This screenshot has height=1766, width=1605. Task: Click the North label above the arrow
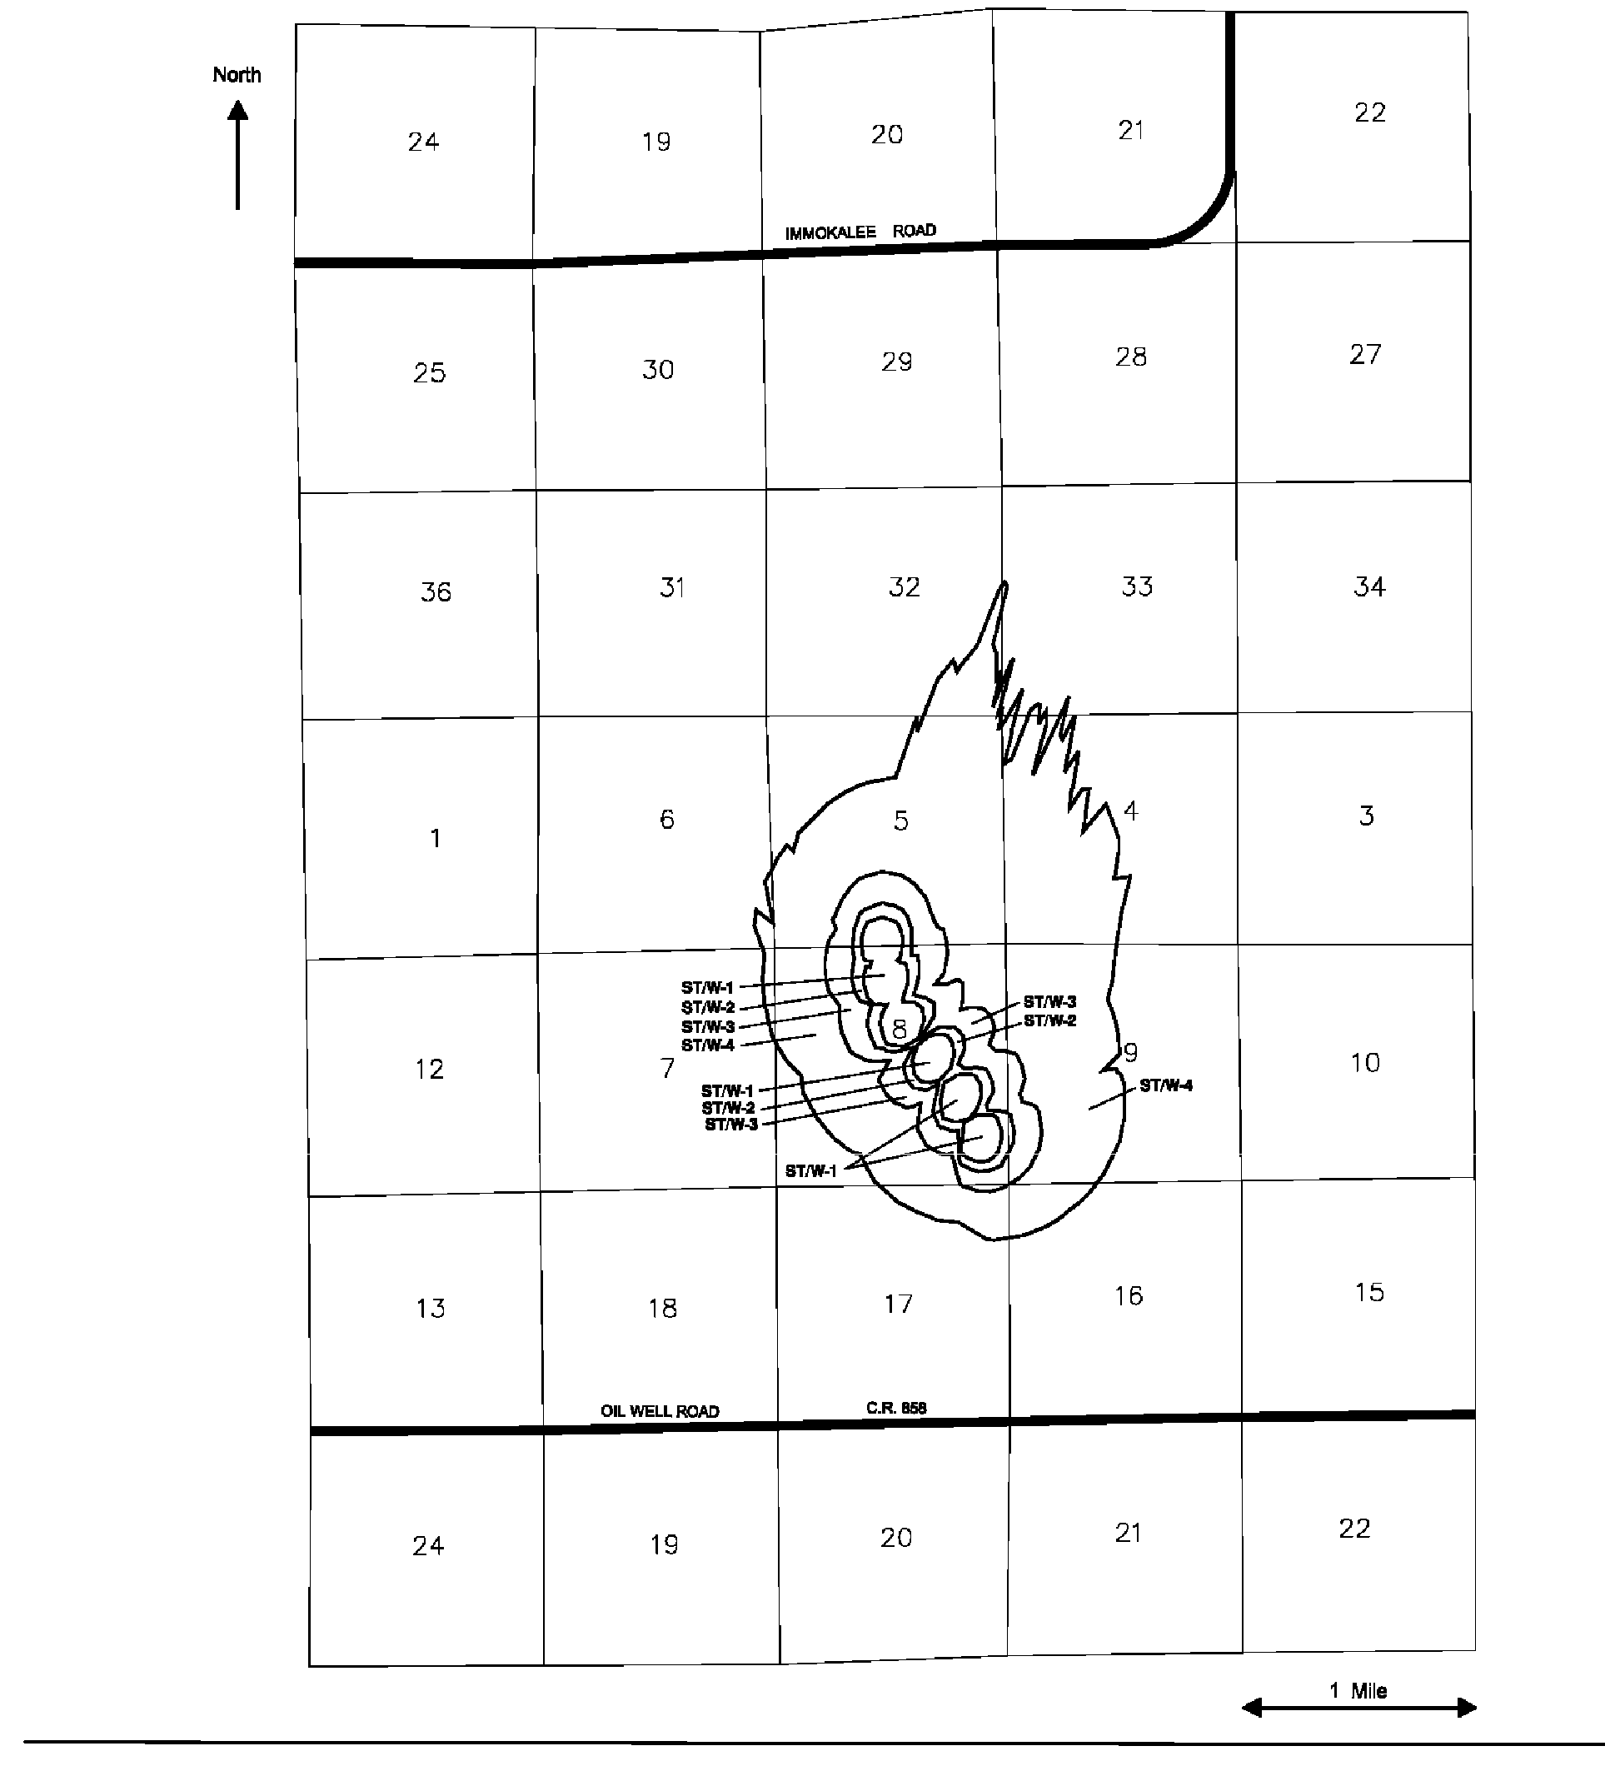click(x=237, y=75)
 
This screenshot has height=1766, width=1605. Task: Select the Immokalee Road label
click(x=860, y=232)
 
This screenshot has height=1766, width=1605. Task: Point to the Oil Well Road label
click(x=660, y=1410)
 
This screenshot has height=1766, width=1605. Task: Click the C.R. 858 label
click(x=896, y=1408)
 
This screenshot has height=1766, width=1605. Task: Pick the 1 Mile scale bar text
click(x=1358, y=1691)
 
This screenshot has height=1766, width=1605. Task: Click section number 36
click(x=436, y=592)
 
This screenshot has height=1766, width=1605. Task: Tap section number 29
click(x=897, y=362)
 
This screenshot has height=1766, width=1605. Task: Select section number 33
click(x=1137, y=587)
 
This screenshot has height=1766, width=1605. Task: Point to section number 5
click(x=901, y=821)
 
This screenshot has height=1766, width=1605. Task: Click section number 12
click(x=429, y=1070)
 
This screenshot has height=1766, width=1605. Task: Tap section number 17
click(x=898, y=1305)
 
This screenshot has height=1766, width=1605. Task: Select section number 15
click(x=1369, y=1292)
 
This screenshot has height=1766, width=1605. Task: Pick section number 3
click(x=1367, y=816)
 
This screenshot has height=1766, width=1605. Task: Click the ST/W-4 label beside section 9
click(x=1165, y=1086)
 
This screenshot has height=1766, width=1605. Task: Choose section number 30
click(x=658, y=370)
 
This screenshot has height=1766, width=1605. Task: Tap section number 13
click(x=430, y=1309)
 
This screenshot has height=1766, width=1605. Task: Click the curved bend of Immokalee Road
click(x=1207, y=219)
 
